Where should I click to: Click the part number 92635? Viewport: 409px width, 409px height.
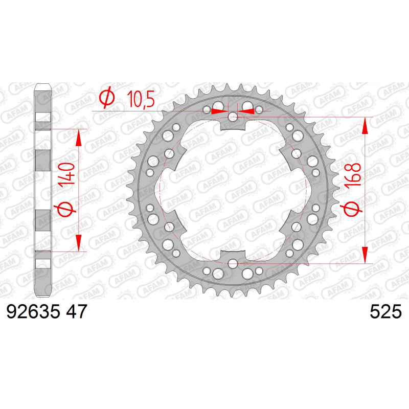coord(33,311)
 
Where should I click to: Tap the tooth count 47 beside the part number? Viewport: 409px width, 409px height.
coord(76,311)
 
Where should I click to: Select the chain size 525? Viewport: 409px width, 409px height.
coord(386,311)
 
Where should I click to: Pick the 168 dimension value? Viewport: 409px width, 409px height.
coord(353,174)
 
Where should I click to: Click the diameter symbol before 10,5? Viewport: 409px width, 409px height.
coord(107,97)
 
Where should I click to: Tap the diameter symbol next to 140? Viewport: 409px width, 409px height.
coord(65,210)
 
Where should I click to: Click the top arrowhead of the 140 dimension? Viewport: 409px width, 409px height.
coord(79,138)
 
